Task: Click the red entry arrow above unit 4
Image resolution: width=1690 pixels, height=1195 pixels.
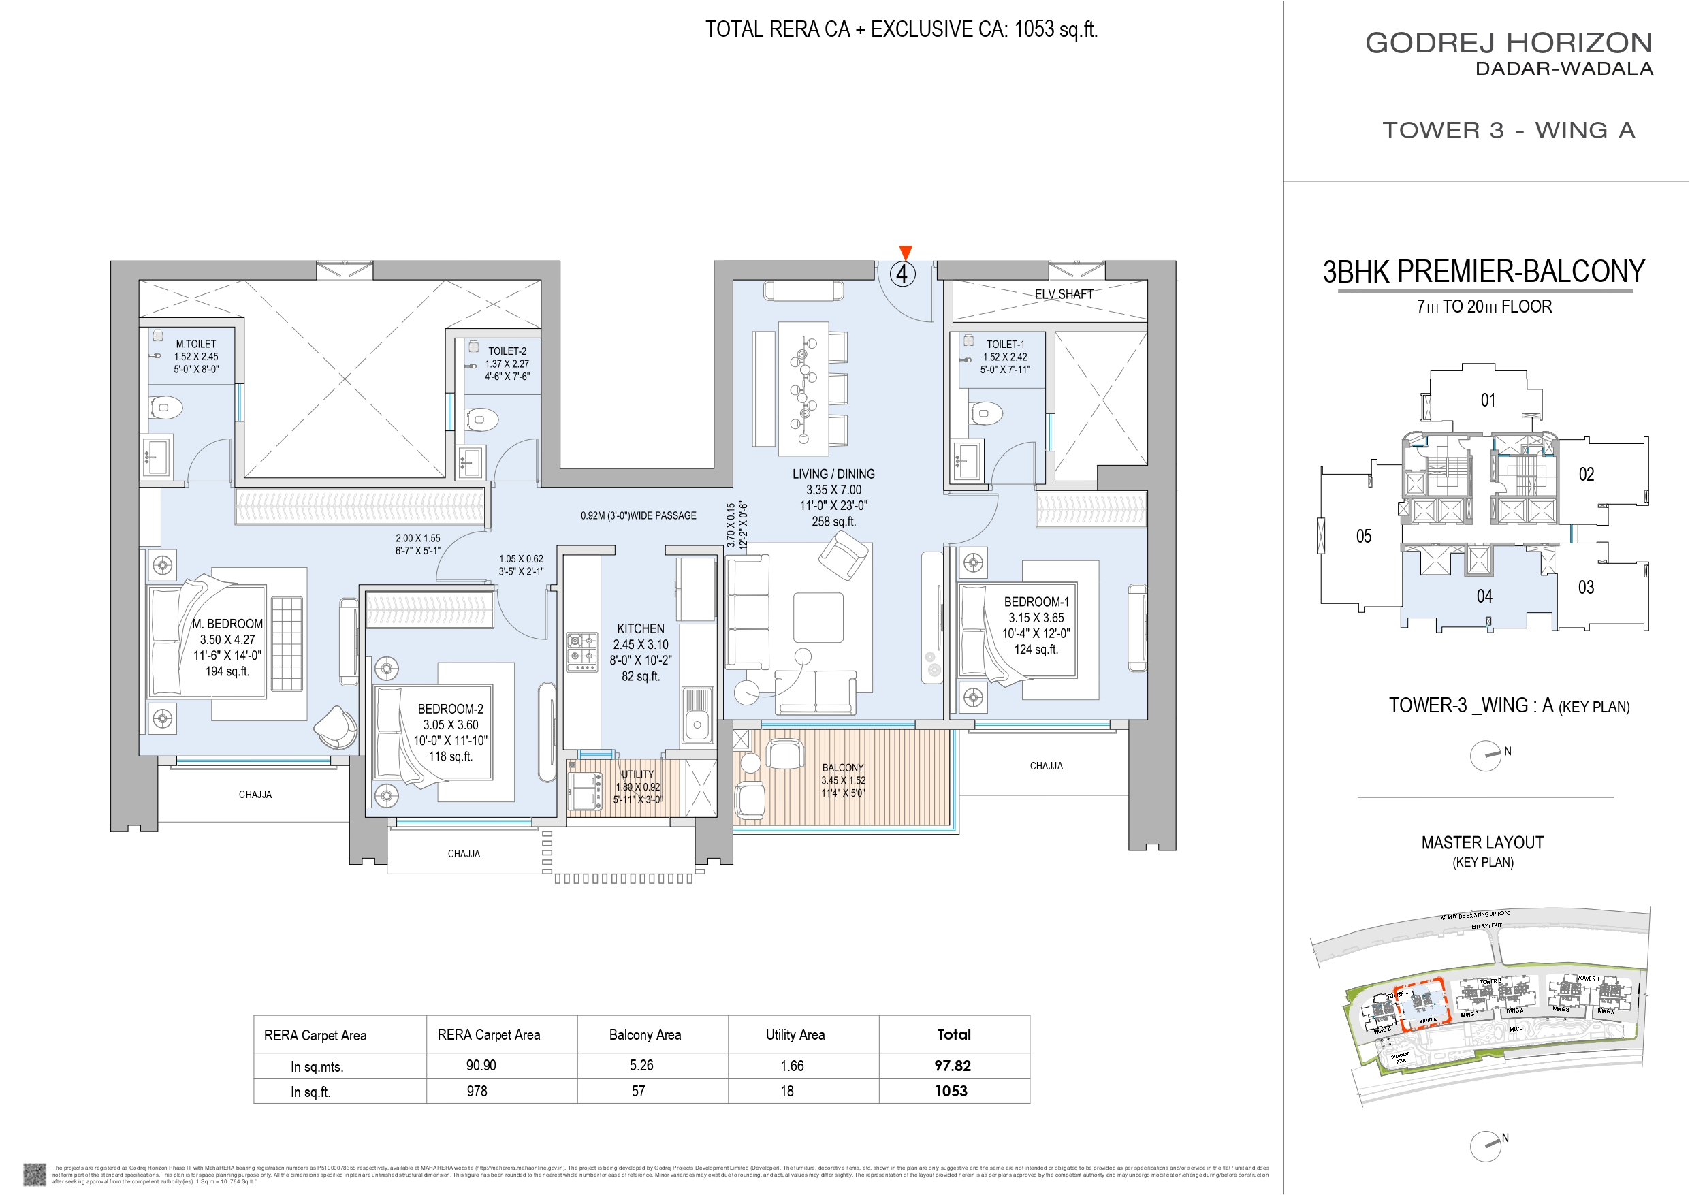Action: point(906,253)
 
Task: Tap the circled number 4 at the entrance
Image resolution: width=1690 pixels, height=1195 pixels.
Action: point(902,274)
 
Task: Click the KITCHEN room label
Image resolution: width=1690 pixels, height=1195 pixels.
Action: point(639,628)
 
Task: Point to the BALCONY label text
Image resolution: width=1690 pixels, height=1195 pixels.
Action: point(843,768)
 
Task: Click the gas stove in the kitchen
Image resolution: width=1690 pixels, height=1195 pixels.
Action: point(581,651)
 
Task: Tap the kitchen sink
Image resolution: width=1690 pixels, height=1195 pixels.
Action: point(697,714)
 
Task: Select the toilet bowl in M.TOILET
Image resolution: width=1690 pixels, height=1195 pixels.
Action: point(165,407)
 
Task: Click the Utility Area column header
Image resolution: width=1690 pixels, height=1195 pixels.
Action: point(795,1035)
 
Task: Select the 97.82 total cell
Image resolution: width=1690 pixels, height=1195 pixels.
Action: point(953,1066)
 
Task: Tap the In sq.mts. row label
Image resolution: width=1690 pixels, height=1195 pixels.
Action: point(317,1067)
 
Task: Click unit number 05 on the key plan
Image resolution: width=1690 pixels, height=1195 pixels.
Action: point(1364,536)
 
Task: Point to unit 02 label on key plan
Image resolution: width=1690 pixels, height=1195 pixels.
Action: point(1587,475)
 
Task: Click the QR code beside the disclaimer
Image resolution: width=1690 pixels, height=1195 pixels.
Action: point(35,1174)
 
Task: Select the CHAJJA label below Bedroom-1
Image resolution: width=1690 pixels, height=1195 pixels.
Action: point(1046,766)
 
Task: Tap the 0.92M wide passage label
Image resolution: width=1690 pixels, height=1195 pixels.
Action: point(638,515)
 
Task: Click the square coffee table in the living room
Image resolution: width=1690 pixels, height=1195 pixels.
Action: point(818,618)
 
